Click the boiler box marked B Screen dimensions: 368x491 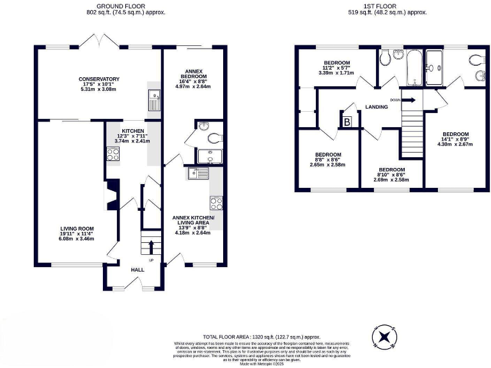point(347,121)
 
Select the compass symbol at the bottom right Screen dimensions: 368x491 point(383,336)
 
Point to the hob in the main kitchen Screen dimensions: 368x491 point(113,154)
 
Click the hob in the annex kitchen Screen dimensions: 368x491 point(216,204)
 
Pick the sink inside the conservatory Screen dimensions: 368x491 point(155,101)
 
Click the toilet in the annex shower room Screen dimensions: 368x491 point(214,137)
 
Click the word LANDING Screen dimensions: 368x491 point(377,107)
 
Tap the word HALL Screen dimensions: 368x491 point(137,270)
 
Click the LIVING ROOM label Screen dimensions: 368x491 point(77,228)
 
